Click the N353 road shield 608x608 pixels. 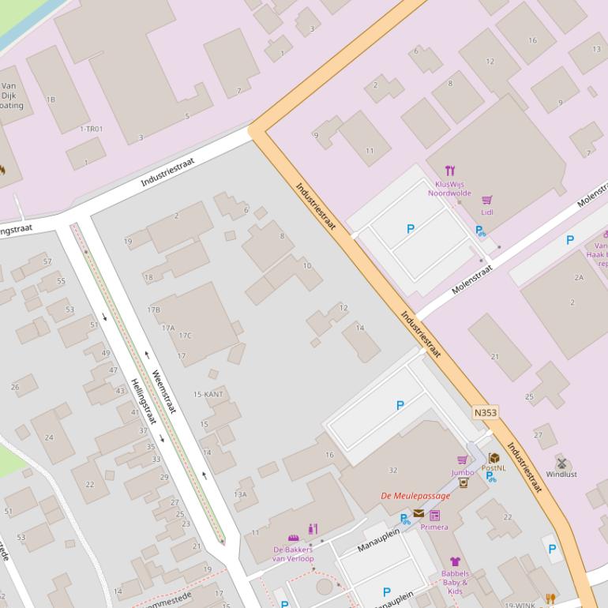pos(485,413)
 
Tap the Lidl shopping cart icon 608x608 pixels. pos(487,201)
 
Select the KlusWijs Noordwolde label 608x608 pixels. pos(449,188)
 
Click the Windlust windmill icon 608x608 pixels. pos(562,463)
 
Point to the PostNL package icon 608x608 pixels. pos(494,458)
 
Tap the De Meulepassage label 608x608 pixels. pos(415,496)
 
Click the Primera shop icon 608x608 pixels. pos(434,516)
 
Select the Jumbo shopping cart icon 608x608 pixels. pos(463,460)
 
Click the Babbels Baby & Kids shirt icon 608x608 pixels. pos(455,562)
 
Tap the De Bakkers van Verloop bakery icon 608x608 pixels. pos(293,538)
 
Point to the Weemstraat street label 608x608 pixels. pos(164,392)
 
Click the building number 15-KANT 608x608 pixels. pos(208,394)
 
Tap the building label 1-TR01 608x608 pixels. pos(91,129)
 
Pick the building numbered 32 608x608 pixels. pos(393,471)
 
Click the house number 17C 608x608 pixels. pos(185,336)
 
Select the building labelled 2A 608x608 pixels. pos(579,277)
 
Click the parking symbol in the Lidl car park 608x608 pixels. pos(410,229)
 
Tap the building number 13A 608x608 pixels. pos(240,494)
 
